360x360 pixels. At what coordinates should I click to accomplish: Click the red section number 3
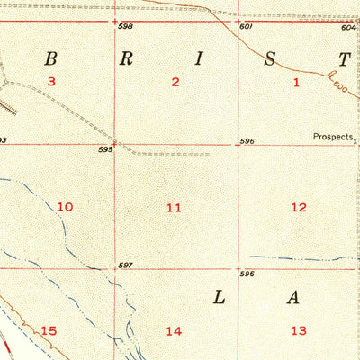click(x=52, y=82)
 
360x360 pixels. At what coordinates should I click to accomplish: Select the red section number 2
click(x=175, y=82)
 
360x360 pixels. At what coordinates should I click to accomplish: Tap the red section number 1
click(x=296, y=82)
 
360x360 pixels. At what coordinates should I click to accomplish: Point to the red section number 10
click(x=65, y=207)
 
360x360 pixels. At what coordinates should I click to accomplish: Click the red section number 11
click(x=174, y=208)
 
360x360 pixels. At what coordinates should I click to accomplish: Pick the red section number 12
click(x=299, y=207)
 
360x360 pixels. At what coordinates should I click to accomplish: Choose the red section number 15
click(x=49, y=331)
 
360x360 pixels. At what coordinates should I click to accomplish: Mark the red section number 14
click(x=174, y=331)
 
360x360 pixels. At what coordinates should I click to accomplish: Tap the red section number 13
click(x=298, y=330)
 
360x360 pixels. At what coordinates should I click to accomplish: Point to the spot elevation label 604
click(x=348, y=27)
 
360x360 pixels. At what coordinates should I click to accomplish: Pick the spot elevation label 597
click(x=125, y=265)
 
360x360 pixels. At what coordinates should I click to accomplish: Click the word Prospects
click(x=332, y=138)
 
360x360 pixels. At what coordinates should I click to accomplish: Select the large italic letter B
click(x=51, y=59)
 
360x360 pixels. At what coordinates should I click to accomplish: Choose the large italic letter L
click(x=221, y=298)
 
